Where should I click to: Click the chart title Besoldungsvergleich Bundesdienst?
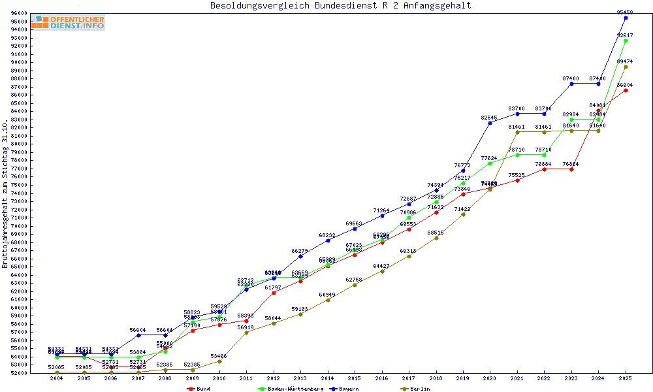(x=340, y=6)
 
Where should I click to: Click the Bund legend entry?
(x=199, y=389)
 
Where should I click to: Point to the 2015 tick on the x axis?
(x=355, y=378)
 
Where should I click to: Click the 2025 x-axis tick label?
(x=625, y=378)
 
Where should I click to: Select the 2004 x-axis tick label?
(x=57, y=378)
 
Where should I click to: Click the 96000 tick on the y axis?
(x=18, y=14)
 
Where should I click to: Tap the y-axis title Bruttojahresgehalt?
(x=6, y=193)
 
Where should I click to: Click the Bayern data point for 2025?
(x=626, y=18)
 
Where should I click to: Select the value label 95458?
(x=625, y=12)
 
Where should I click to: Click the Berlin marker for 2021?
(x=517, y=132)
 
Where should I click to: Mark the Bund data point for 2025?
(x=626, y=90)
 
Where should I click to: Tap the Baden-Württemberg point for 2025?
(x=626, y=41)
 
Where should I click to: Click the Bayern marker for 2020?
(x=490, y=123)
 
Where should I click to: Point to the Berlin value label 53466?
(x=219, y=356)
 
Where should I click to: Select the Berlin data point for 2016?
(x=382, y=271)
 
